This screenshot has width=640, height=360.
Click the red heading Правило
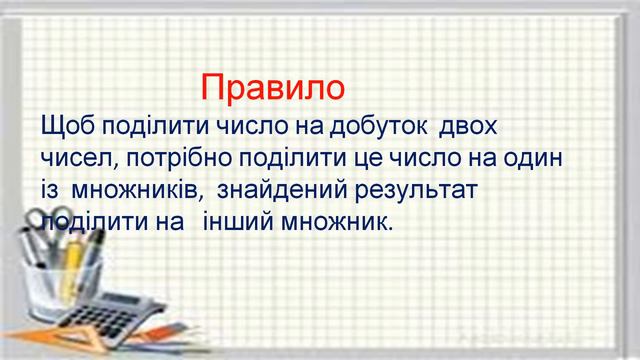pyautogui.click(x=272, y=88)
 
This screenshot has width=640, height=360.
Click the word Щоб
pyautogui.click(x=66, y=129)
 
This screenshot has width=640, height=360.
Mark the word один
pyautogui.click(x=539, y=159)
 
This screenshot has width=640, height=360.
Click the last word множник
pyautogui.click(x=376, y=221)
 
